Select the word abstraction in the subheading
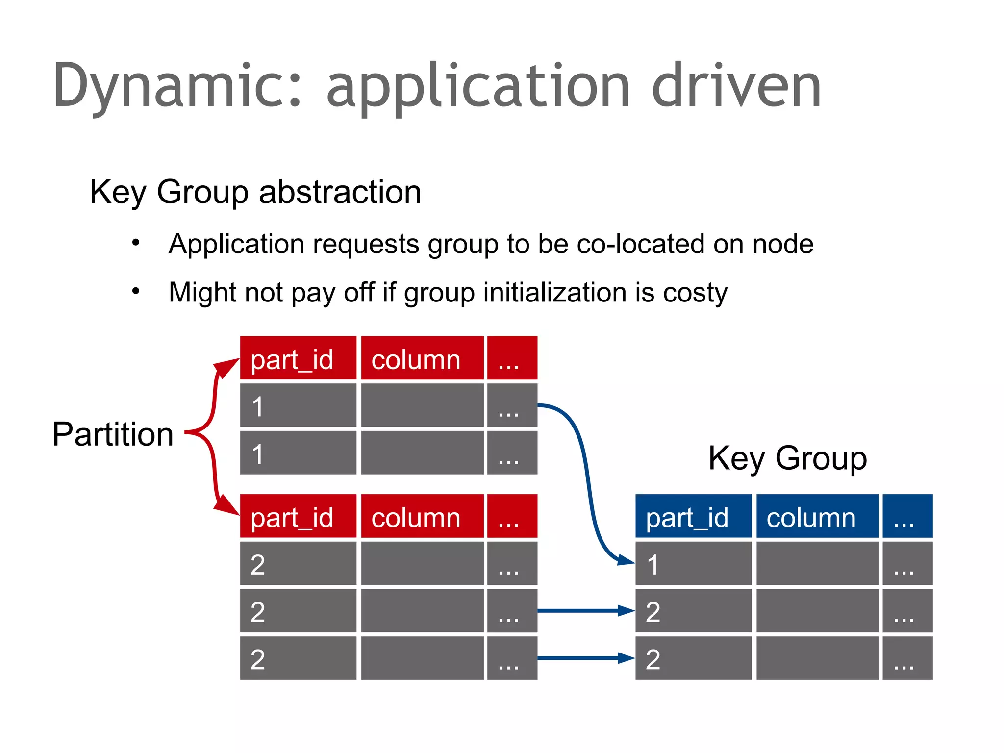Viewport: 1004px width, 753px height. pyautogui.click(x=340, y=192)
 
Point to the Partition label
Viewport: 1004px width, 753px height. pyautogui.click(x=113, y=434)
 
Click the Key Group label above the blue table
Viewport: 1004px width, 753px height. pyautogui.click(x=787, y=458)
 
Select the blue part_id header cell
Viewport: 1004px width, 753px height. pyautogui.click(x=693, y=516)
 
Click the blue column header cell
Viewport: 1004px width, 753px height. pyautogui.click(x=817, y=516)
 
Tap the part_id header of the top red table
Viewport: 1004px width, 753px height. pyautogui.click(x=298, y=358)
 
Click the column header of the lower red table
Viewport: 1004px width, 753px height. pyautogui.click(x=422, y=516)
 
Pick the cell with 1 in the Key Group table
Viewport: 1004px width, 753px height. pyautogui.click(x=693, y=564)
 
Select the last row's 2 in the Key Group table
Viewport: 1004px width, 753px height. pyautogui.click(x=693, y=658)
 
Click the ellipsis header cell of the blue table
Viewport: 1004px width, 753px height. pyautogui.click(x=907, y=516)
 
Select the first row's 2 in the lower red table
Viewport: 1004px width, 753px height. pyautogui.click(x=298, y=564)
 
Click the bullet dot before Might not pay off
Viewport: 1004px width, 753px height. pyautogui.click(x=136, y=291)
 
